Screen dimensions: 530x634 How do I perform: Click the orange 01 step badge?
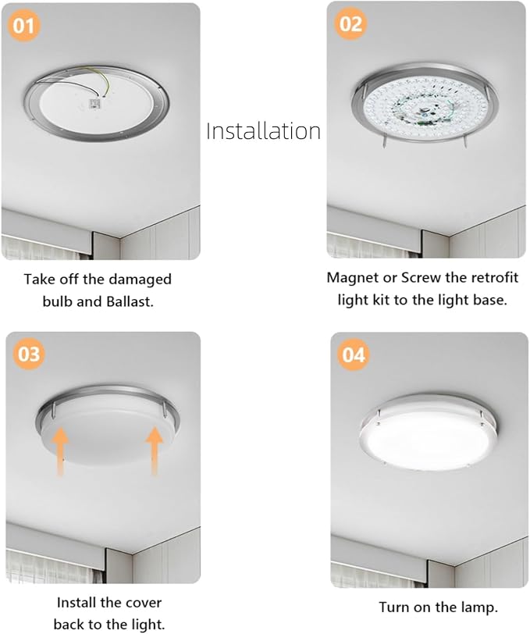coord(24,26)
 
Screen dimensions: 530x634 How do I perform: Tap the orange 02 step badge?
coord(351,24)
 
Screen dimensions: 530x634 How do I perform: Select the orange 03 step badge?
coord(29,354)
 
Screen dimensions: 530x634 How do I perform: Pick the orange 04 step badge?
coord(353,354)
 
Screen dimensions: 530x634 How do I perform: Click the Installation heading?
coord(264,130)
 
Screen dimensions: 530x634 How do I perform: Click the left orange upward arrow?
coord(61,451)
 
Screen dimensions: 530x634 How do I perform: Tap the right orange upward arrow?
coord(155,450)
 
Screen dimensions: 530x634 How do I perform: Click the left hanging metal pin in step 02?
coord(384,141)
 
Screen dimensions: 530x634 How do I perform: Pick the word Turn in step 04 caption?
coord(393,607)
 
